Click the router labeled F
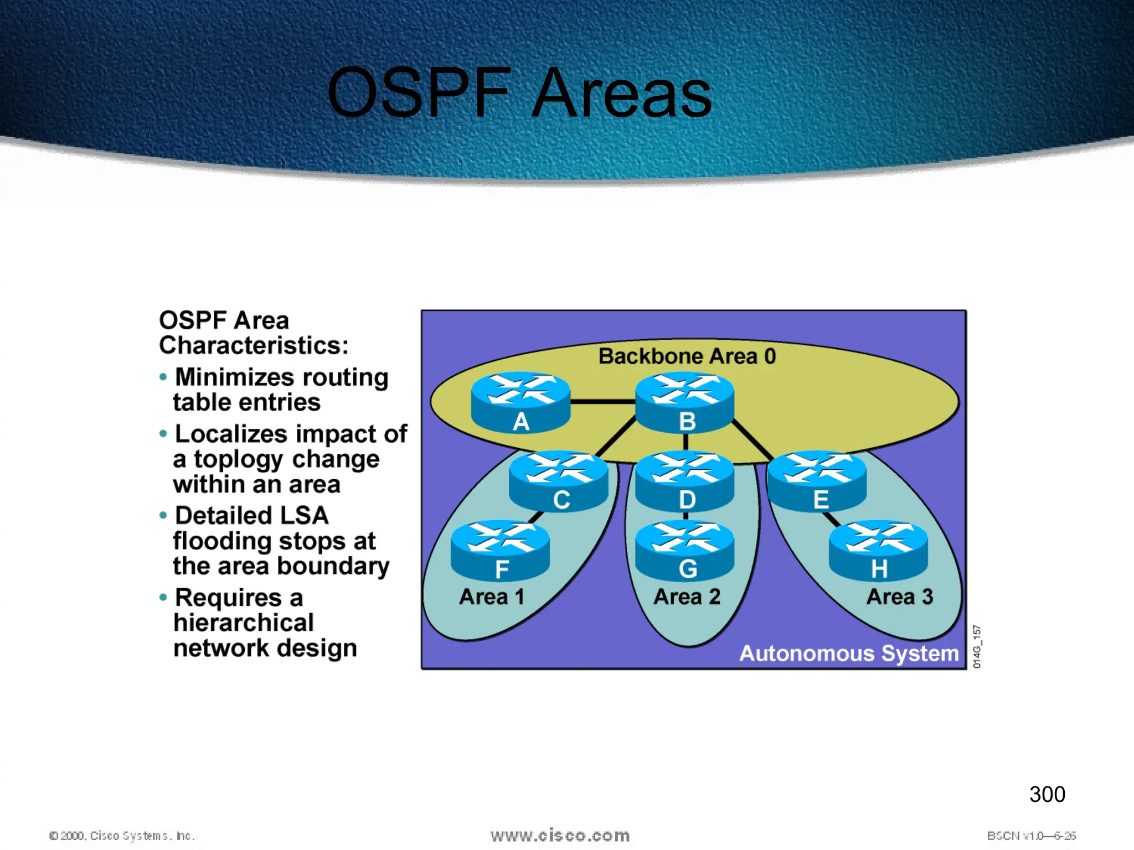[x=500, y=550]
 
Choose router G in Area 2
[x=685, y=550]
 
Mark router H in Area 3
[x=878, y=550]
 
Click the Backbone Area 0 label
[x=687, y=356]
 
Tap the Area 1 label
[x=492, y=597]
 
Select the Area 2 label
[x=687, y=597]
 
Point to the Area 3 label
[x=900, y=597]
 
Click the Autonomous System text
[x=849, y=654]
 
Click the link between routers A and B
[x=602, y=402]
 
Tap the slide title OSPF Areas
[x=519, y=93]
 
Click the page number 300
[x=1047, y=795]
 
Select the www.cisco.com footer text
[x=560, y=836]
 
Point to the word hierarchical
[x=244, y=623]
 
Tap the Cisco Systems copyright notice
[x=122, y=836]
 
